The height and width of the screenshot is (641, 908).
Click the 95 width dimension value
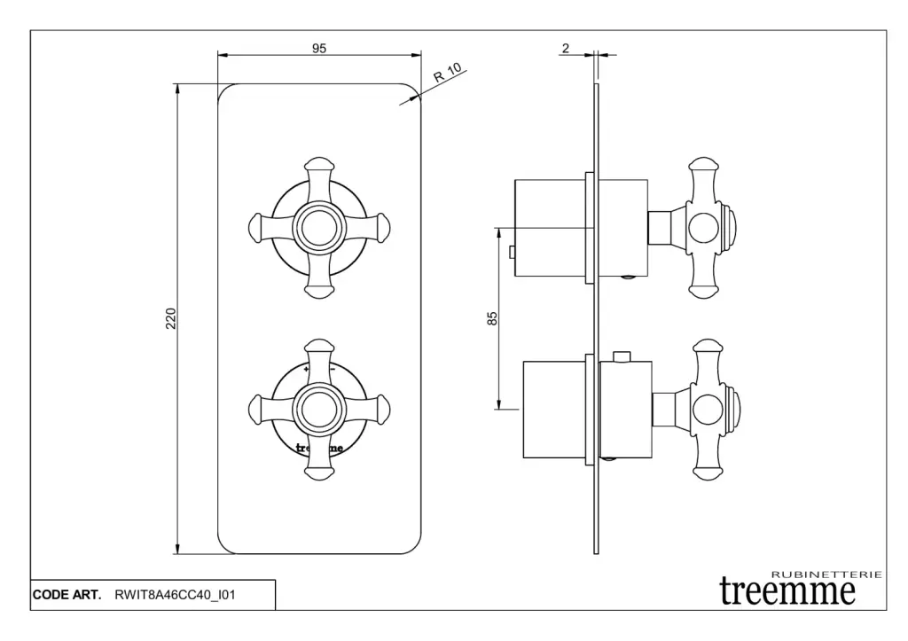click(x=319, y=48)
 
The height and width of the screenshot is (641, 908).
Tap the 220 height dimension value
click(x=171, y=319)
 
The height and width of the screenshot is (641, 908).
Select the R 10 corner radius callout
click(x=448, y=72)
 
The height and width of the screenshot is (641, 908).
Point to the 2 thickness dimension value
click(x=566, y=48)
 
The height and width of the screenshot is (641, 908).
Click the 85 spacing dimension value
click(x=492, y=318)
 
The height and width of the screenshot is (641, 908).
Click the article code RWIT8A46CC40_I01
click(x=175, y=595)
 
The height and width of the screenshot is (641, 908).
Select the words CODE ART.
click(x=67, y=595)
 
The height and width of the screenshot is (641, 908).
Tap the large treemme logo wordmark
click(x=787, y=591)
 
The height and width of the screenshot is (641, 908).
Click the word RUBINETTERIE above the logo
click(x=827, y=575)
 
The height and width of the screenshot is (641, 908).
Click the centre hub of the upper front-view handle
click(x=319, y=228)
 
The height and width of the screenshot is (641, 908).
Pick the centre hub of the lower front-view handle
click(x=319, y=409)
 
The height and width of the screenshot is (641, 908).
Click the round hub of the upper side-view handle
click(x=705, y=227)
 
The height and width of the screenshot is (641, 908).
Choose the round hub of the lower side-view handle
click(x=708, y=410)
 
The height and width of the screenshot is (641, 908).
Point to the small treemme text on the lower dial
click(x=319, y=448)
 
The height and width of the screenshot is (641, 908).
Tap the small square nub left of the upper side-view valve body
click(x=512, y=253)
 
